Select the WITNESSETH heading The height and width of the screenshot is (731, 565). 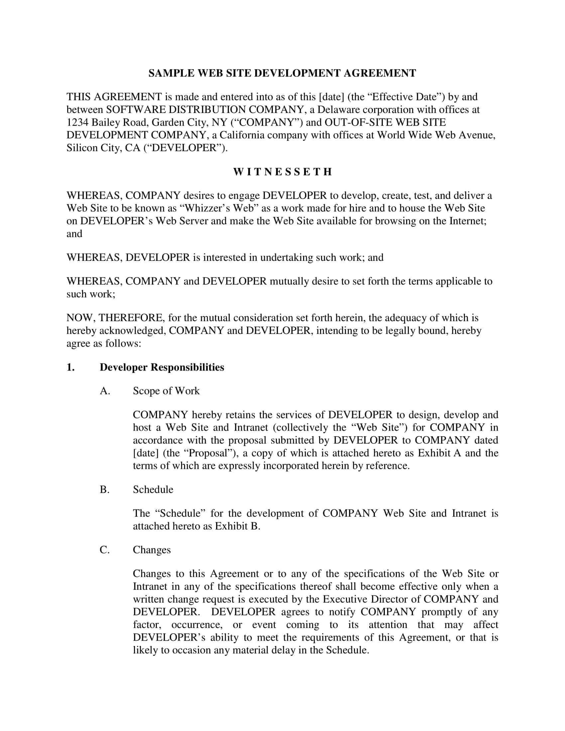pos(282,172)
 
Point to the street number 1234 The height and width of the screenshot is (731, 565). pos(77,122)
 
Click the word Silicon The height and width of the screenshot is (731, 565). pos(82,148)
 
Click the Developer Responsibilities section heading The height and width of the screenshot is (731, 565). pos(162,367)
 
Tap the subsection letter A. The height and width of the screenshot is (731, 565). pos(105,391)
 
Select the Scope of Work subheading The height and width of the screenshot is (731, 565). pos(166,391)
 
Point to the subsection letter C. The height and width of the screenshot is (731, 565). pos(104,550)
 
